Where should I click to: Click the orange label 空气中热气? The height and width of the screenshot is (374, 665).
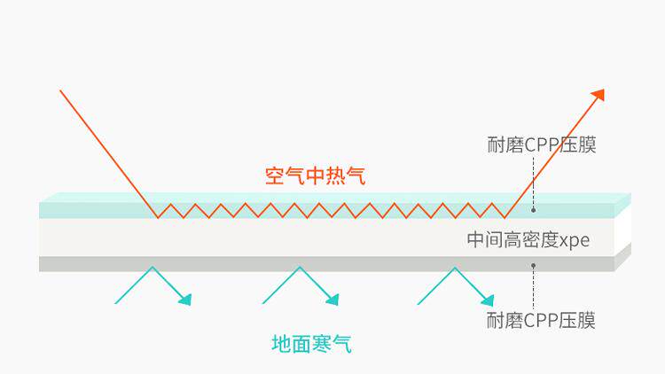pos(315,175)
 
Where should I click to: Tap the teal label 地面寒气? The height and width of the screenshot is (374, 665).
pos(311,343)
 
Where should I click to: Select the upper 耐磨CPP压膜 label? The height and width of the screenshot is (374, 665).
pos(542,144)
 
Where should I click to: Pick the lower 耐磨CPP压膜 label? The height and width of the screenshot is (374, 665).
pos(542,320)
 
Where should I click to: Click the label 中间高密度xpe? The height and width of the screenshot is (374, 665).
pos(528,240)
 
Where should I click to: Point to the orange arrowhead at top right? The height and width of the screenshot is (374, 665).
pos(598,95)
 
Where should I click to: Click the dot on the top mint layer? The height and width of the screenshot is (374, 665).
pos(533,210)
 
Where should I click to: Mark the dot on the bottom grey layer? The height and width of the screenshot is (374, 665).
pos(533,264)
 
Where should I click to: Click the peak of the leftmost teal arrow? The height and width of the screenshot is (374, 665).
pos(153,267)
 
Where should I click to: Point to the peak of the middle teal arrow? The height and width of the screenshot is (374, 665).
pos(300,267)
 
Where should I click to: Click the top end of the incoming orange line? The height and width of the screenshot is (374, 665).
pos(60,90)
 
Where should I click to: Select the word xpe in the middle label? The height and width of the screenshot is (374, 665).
pos(575,240)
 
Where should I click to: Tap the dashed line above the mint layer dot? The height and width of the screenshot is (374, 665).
pos(533,182)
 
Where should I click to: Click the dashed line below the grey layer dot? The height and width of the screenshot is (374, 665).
pos(533,288)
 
